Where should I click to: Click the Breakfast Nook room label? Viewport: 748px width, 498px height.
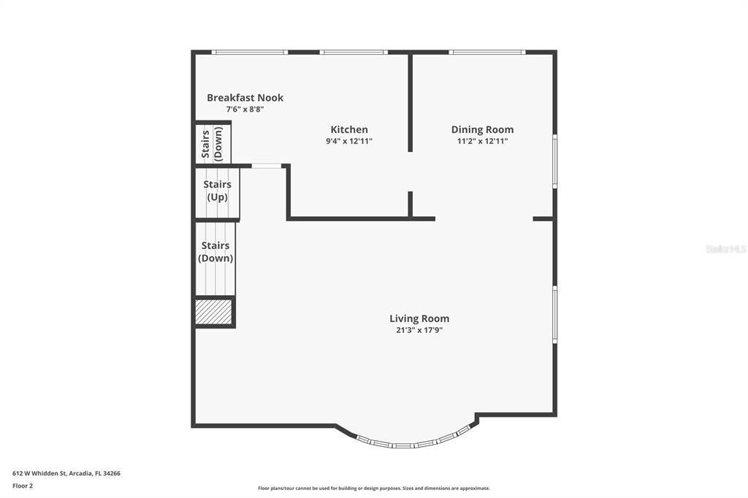245,98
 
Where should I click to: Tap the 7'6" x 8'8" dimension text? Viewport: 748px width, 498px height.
245,110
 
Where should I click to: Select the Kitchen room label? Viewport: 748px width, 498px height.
349,130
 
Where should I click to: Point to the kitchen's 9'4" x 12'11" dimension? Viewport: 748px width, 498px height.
349,142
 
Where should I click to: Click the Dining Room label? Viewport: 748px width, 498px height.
482,130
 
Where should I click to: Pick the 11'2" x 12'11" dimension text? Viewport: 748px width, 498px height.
482,142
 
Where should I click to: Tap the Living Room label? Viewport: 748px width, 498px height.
419,318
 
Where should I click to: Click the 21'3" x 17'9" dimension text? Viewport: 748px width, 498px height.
419,330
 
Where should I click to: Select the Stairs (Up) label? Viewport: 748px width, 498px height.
217,191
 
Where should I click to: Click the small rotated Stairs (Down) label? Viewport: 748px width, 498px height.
212,144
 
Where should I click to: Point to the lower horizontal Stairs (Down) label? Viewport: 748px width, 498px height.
215,252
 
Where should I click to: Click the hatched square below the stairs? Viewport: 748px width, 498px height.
214,312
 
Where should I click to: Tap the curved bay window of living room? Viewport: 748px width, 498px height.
414,442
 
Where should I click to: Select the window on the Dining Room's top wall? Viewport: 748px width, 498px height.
486,53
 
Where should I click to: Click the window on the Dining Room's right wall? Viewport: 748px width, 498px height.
554,161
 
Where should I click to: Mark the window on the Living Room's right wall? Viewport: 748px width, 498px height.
554,315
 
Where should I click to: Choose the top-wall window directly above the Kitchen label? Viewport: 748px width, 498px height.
353,53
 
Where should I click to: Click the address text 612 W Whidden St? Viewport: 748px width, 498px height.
66,473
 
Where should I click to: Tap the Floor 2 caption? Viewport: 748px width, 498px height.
23,486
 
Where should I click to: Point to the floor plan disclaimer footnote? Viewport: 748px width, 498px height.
374,489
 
